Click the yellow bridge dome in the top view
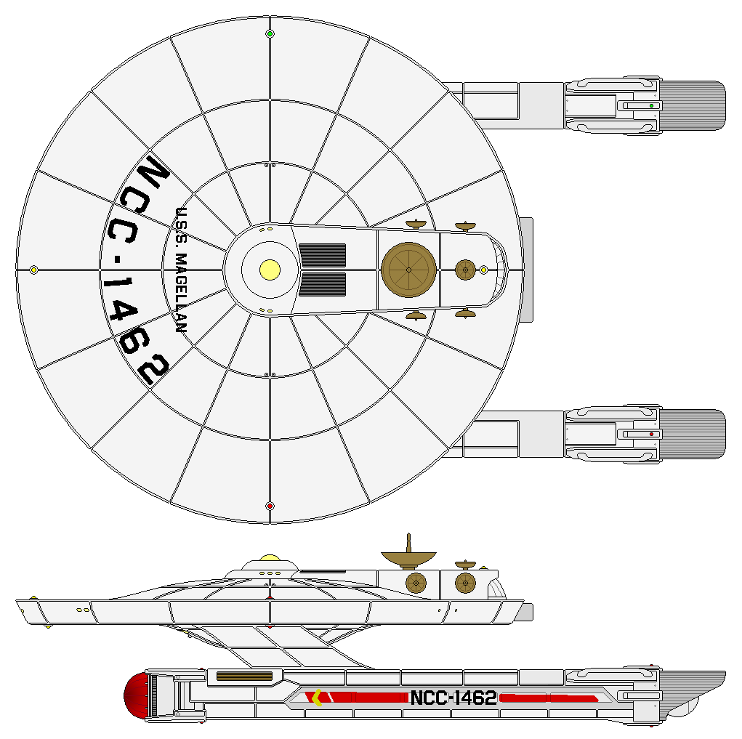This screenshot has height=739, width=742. pos(270,270)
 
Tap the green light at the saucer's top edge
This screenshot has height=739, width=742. pos(270,33)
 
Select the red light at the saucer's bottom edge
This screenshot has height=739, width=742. pos(270,506)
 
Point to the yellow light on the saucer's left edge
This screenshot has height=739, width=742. pos(33,270)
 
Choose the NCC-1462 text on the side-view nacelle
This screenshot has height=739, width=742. pos(453,698)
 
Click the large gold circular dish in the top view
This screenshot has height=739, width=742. pos(408,270)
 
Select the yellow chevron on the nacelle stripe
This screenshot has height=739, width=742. pos(316,698)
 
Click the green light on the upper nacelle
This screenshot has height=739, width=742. pos(652,106)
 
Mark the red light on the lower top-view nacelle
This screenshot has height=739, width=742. pos(652,434)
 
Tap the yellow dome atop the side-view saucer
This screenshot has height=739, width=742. pos(270,559)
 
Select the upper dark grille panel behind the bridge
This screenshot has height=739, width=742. pos(322,255)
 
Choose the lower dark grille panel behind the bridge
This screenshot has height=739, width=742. pos(322,284)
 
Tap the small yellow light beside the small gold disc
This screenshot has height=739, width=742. pos(483,270)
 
